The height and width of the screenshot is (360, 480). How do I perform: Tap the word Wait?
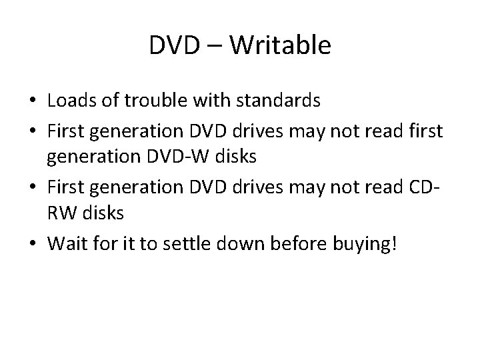[x=66, y=243]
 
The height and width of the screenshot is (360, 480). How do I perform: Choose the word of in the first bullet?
[x=107, y=101]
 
